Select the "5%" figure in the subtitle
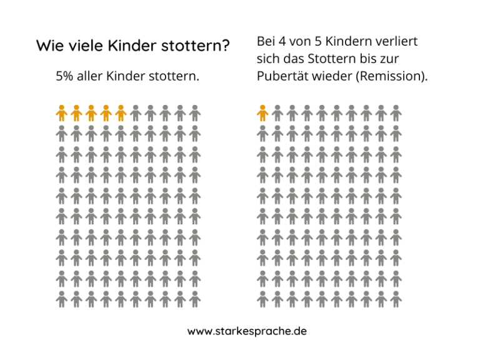[x=66, y=77]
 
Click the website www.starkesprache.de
[x=247, y=331]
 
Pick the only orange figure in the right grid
[x=262, y=113]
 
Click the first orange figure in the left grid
[x=61, y=113]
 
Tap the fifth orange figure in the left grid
[x=121, y=113]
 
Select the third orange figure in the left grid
[x=91, y=113]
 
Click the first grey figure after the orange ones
[x=136, y=113]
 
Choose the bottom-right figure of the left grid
[x=195, y=299]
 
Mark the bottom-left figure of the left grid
[x=61, y=299]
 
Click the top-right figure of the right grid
[x=396, y=113]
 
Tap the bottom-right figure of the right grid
[x=396, y=299]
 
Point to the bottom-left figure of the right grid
[x=262, y=299]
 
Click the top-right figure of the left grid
[x=195, y=113]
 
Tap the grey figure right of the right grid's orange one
[x=277, y=113]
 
